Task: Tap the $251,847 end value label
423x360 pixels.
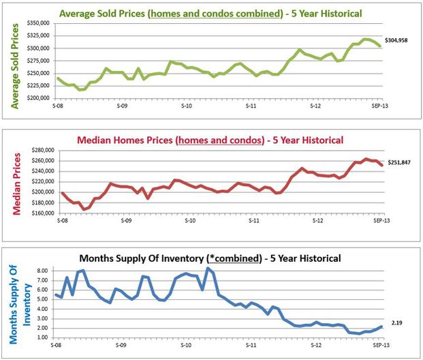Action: pos(400,162)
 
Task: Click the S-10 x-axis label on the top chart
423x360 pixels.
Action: pos(185,106)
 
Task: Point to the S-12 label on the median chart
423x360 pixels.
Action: pos(316,222)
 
